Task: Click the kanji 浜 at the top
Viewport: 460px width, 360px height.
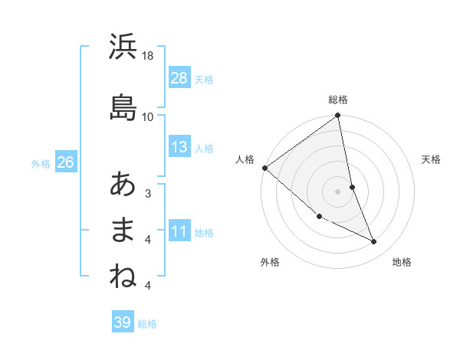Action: [123, 47]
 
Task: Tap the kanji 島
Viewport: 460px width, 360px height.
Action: [123, 106]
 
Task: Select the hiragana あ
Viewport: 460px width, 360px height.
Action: [123, 184]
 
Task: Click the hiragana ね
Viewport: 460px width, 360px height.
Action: [123, 277]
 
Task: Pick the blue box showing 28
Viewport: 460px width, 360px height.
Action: [179, 78]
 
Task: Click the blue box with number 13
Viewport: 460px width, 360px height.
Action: [179, 147]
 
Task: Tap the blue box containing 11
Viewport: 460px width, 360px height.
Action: [179, 231]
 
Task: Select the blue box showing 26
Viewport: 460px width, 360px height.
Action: [65, 162]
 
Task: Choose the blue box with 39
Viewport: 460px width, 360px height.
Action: [123, 322]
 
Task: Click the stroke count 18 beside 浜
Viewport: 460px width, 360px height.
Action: [148, 56]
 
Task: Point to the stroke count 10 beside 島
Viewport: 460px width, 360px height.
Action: [148, 116]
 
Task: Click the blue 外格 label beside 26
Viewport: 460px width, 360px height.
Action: [41, 163]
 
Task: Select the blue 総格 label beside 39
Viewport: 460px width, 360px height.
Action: [147, 324]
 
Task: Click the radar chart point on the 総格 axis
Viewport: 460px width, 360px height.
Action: [337, 116]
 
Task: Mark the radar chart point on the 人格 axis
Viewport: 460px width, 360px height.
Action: [264, 168]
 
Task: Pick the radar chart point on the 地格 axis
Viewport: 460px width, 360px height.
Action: [374, 241]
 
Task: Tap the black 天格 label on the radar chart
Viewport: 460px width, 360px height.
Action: [432, 159]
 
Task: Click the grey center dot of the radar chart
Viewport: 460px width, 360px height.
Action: [337, 191]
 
